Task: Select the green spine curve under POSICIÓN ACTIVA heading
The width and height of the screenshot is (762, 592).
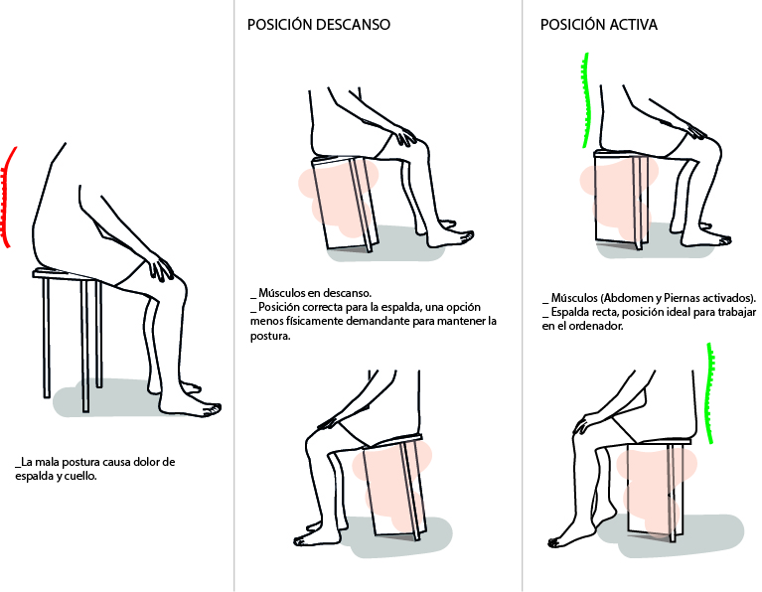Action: (x=585, y=99)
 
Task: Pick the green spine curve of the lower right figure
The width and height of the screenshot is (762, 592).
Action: (x=709, y=393)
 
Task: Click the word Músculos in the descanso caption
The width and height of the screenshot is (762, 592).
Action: (x=281, y=293)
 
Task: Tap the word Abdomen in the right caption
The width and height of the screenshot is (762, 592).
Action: (x=627, y=297)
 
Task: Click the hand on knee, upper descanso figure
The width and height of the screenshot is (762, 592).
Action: (x=403, y=134)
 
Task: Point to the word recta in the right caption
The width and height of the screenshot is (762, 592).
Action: (x=605, y=312)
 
